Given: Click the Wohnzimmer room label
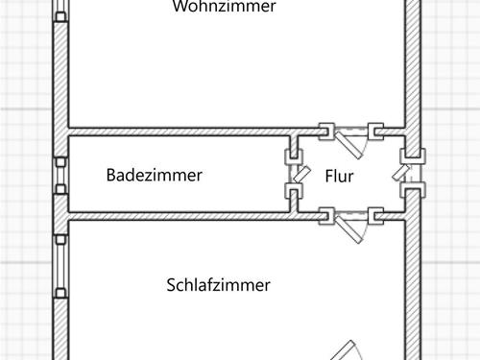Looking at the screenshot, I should click(225, 8).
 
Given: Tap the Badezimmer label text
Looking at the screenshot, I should click(154, 176).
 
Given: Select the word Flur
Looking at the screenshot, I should click(340, 177).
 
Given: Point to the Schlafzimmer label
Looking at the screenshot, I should click(218, 285).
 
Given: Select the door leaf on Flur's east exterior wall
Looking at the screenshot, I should click(402, 174).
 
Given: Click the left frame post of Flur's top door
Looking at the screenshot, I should click(326, 130).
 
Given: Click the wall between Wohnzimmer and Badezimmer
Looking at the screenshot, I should click(182, 131).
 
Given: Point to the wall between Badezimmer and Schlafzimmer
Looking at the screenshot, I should click(182, 216).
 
